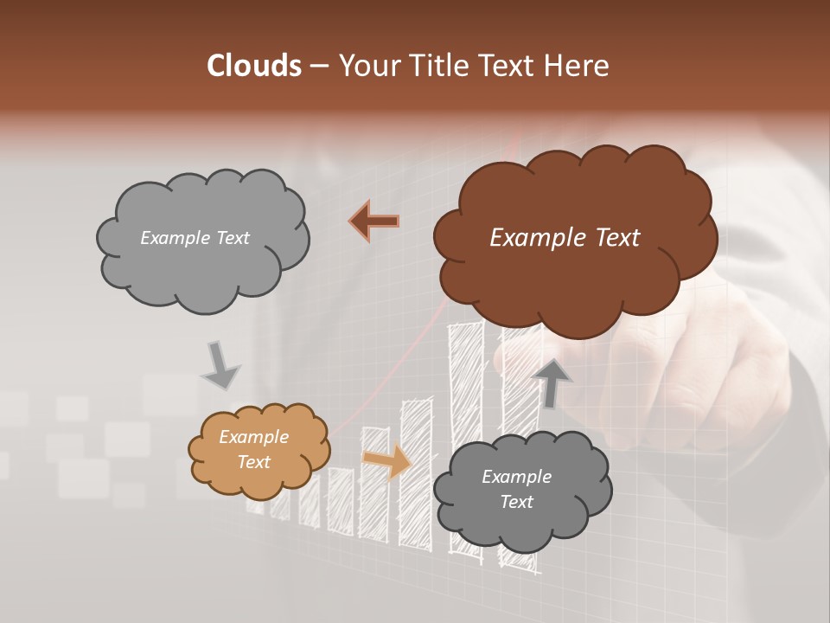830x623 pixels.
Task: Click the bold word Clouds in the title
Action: pyautogui.click(x=253, y=66)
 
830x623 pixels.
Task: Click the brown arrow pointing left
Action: pyautogui.click(x=374, y=222)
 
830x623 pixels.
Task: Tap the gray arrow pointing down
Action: pyautogui.click(x=221, y=365)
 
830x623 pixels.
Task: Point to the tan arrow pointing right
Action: pyautogui.click(x=386, y=460)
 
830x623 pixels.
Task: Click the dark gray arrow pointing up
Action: pyautogui.click(x=552, y=382)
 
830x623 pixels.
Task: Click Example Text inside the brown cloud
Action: pyautogui.click(x=565, y=238)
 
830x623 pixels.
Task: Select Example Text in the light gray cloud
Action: pyautogui.click(x=195, y=238)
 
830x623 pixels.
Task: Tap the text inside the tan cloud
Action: pyautogui.click(x=254, y=450)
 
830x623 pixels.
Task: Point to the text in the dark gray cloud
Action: pyautogui.click(x=516, y=489)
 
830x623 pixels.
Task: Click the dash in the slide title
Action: pyautogui.click(x=318, y=66)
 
